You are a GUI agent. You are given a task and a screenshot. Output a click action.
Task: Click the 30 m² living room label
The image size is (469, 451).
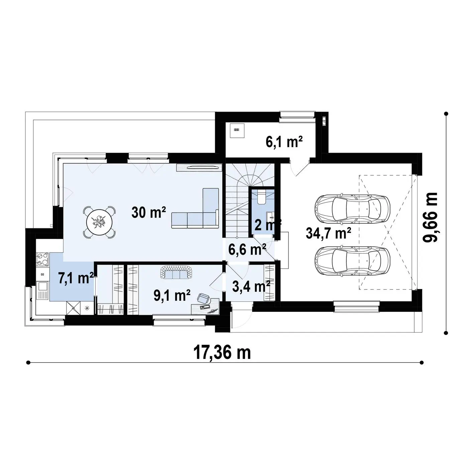[x=149, y=212]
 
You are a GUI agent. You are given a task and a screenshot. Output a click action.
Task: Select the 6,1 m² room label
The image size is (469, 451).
[x=284, y=142]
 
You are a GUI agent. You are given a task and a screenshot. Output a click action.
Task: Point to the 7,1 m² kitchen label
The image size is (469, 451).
[x=76, y=278]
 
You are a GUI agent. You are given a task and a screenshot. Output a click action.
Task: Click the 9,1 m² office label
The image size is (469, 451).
[x=172, y=295]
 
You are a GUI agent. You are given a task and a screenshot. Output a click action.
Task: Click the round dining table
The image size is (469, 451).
[x=99, y=222]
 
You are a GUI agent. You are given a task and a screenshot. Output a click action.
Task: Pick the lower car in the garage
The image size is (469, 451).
[x=352, y=260]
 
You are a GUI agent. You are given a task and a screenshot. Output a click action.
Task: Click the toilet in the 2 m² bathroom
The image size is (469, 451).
[x=261, y=197]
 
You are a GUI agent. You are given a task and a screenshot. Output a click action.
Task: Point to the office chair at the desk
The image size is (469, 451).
[x=204, y=298]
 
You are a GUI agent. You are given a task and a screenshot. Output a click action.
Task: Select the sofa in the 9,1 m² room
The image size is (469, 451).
[x=177, y=272]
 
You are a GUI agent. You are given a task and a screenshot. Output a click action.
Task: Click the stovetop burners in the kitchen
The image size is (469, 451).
[x=42, y=258]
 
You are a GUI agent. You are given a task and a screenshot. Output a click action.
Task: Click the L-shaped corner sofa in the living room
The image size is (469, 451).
[x=195, y=208]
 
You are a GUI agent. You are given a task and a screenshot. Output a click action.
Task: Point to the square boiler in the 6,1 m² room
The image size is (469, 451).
[x=237, y=130]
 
